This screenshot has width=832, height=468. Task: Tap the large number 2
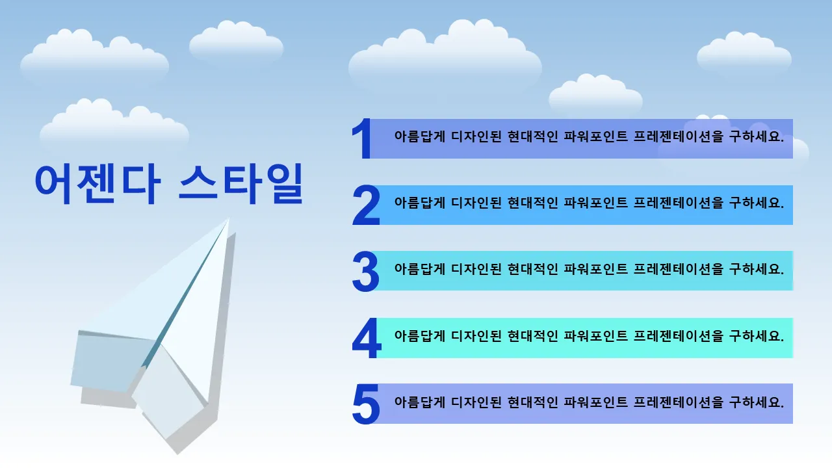point(366,205)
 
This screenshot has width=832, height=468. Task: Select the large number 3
point(366,271)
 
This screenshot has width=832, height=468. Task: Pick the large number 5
point(366,404)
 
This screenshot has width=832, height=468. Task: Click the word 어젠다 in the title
point(97,184)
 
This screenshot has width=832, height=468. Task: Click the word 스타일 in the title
point(241,184)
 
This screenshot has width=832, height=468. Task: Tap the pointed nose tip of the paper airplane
point(228,218)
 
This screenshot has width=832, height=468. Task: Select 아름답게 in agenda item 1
point(419,136)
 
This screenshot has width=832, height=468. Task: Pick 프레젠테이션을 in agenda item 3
point(678,269)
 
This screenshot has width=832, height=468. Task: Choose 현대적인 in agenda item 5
point(532,402)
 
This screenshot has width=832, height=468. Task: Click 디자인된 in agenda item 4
point(476,336)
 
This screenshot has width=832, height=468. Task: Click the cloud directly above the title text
point(114,123)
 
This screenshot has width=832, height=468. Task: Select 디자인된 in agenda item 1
point(476,136)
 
